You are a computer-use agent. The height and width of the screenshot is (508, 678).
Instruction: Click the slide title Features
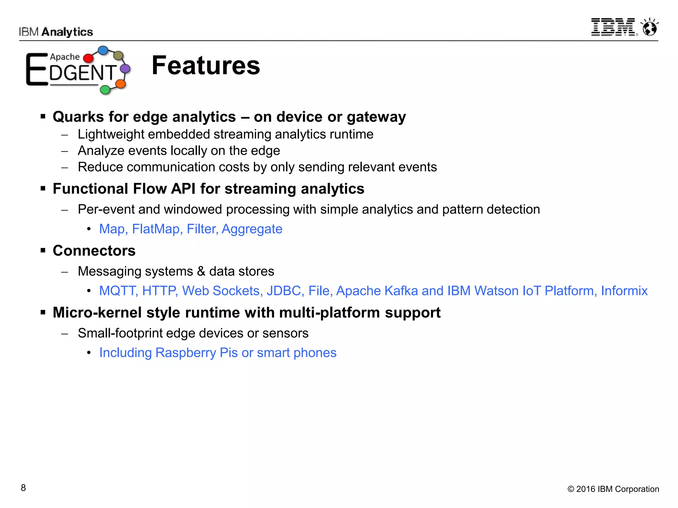coord(206,65)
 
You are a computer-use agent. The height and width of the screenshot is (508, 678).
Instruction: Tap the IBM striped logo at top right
coord(613,27)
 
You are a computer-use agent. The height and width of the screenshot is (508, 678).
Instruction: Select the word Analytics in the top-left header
coord(67,32)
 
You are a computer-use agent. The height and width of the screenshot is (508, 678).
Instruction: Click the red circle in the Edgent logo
coord(88,58)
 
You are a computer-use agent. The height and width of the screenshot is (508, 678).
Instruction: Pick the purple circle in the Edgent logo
coord(125,69)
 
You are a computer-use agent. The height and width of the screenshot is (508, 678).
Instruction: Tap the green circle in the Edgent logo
coord(105,89)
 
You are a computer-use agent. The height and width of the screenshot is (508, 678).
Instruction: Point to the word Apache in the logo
coord(65,57)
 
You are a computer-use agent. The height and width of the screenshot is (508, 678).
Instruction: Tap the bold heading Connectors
coord(94,251)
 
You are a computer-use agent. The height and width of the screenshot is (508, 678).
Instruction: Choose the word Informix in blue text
coord(624,291)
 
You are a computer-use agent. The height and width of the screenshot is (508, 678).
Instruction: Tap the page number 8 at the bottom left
coord(23,488)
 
